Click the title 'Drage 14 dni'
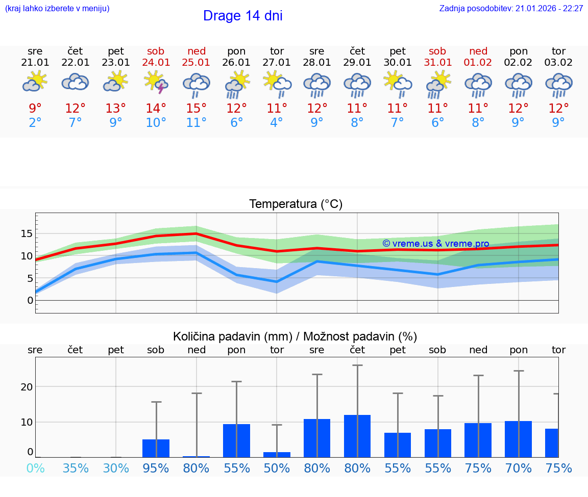click(x=242, y=16)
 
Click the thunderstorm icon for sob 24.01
click(x=156, y=82)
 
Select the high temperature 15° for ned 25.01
click(x=196, y=109)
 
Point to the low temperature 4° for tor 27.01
click(x=277, y=123)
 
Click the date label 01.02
click(x=478, y=63)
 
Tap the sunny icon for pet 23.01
click(x=116, y=81)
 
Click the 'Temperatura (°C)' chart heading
click(x=296, y=204)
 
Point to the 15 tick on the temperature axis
click(x=27, y=233)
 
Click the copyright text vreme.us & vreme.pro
click(x=435, y=244)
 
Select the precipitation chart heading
click(x=295, y=336)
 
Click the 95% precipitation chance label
click(x=156, y=468)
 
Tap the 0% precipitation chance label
click(x=35, y=468)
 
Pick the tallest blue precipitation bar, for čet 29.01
click(x=357, y=436)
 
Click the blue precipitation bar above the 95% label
click(x=156, y=449)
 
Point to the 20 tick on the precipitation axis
click(x=27, y=387)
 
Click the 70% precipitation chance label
click(x=518, y=468)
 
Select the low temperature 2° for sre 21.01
click(x=35, y=123)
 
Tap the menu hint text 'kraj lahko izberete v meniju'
click(x=57, y=9)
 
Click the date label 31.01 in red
click(x=438, y=63)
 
